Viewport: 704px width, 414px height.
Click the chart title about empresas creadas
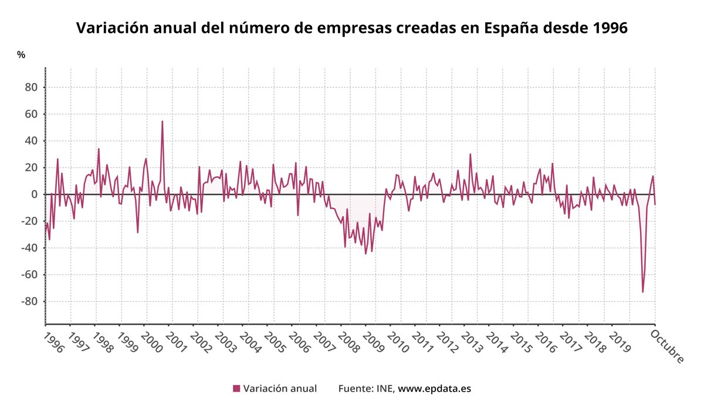(x=352, y=28)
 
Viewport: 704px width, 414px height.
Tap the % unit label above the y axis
(x=21, y=55)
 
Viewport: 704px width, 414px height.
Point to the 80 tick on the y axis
(x=31, y=87)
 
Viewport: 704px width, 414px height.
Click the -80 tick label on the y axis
(x=28, y=302)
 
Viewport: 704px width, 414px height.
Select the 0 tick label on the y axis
(x=35, y=194)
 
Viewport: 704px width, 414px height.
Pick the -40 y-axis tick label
(x=28, y=248)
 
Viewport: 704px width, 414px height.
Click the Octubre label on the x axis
(x=668, y=346)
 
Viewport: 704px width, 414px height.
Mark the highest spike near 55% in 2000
(x=163, y=121)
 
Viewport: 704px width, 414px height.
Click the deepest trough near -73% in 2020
(x=642, y=292)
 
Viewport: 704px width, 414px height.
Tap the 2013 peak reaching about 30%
(x=470, y=154)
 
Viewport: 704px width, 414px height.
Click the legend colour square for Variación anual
(x=236, y=388)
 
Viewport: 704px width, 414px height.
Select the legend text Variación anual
(x=280, y=388)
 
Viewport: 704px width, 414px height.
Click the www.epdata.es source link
(x=435, y=388)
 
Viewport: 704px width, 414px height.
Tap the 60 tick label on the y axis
(x=31, y=114)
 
